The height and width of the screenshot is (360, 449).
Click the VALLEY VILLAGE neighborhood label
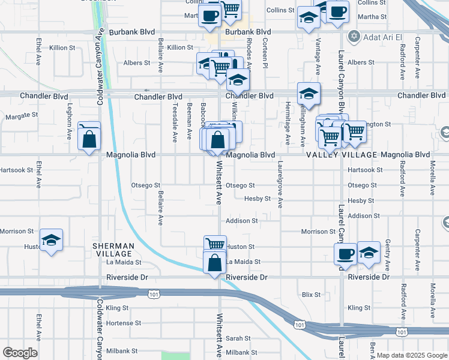click(342, 155)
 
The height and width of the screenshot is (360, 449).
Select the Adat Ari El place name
click(385, 36)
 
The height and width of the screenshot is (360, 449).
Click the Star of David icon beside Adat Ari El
click(354, 36)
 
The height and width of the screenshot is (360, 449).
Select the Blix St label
click(312, 295)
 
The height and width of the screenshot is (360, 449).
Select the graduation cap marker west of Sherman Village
click(52, 241)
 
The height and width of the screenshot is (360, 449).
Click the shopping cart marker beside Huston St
click(215, 244)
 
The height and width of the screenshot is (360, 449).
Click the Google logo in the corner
click(20, 353)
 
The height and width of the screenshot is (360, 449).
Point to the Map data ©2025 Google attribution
click(412, 355)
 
